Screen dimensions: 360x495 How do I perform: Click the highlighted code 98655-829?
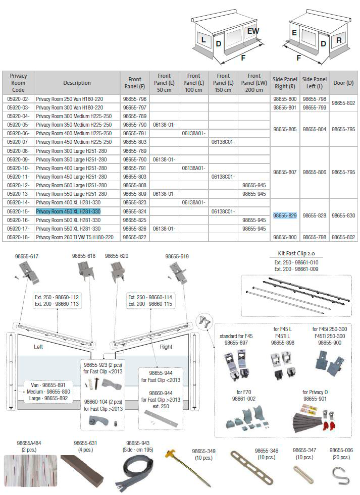click(285, 215)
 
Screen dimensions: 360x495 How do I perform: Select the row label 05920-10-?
click(18, 168)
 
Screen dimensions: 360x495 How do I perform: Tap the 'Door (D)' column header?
click(343, 83)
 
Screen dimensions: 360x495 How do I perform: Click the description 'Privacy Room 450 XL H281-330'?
click(68, 211)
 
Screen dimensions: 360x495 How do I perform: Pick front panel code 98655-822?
click(135, 237)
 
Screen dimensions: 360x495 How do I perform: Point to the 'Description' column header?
click(77, 83)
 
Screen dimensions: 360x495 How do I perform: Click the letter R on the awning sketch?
click(339, 40)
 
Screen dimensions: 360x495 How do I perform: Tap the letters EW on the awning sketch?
click(253, 31)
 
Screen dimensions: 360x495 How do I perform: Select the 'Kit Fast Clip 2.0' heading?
click(296, 253)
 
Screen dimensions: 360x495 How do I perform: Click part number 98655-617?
click(27, 256)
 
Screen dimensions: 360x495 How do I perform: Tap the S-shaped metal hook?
click(341, 475)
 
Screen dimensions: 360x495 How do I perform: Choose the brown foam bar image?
click(82, 469)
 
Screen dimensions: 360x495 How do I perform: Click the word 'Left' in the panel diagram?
click(38, 347)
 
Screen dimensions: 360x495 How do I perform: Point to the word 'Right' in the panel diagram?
click(166, 347)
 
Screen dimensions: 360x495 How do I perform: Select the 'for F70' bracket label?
click(244, 392)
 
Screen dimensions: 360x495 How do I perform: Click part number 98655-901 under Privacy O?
click(315, 399)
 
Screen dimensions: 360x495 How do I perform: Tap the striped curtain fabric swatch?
click(31, 470)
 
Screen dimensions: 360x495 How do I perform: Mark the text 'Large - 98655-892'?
click(48, 399)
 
